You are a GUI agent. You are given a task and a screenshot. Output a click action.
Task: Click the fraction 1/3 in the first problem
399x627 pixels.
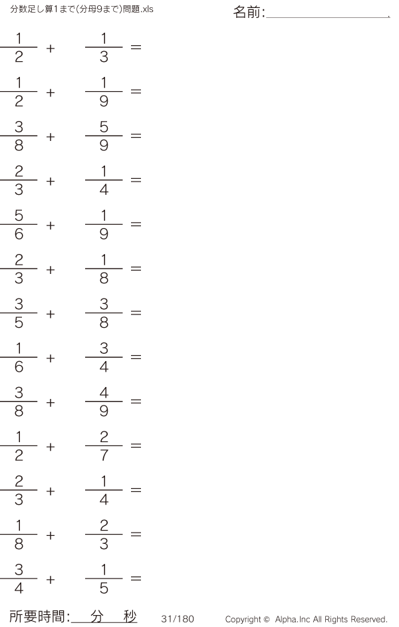[104, 48]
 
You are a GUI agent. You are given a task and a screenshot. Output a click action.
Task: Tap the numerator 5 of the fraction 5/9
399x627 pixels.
[104, 127]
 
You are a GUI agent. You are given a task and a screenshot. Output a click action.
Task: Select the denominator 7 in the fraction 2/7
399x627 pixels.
[104, 455]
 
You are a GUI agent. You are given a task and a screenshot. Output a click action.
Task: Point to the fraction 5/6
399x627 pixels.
[19, 225]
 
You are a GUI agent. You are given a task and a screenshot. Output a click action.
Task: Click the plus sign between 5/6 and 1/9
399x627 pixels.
[51, 225]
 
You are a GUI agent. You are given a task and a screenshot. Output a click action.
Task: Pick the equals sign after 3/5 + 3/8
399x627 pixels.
[136, 313]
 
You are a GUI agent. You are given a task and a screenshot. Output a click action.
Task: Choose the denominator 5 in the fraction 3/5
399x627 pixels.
[19, 322]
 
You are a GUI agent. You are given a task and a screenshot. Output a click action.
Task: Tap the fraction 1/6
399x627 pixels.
[19, 358]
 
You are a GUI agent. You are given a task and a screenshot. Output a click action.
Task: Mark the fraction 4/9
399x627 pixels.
[104, 402]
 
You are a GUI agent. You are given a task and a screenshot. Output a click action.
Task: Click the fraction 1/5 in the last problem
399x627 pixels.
[104, 579]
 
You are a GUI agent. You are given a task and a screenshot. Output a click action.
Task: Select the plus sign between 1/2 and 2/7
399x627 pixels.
[51, 447]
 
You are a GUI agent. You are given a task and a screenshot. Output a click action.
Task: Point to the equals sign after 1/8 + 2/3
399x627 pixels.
[136, 534]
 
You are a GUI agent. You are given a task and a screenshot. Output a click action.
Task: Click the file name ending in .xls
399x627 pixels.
[82, 9]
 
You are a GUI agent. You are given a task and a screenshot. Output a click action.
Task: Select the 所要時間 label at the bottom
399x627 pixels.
[37, 616]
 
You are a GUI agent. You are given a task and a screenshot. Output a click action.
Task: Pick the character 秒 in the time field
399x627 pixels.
[130, 616]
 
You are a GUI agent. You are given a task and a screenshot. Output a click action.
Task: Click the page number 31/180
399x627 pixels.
[178, 619]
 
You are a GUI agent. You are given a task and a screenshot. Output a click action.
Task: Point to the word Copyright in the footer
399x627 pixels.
[243, 620]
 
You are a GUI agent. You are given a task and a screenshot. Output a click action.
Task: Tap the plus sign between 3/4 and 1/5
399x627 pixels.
[51, 579]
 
